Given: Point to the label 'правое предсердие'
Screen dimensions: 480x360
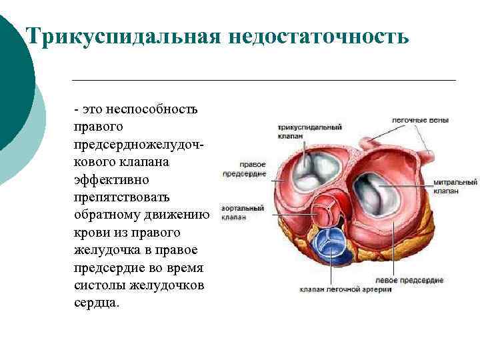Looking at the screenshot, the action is (x=244, y=169).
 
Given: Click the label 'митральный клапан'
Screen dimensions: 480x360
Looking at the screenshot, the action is (x=455, y=186).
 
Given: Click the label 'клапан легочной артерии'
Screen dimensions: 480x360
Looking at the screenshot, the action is (x=345, y=289).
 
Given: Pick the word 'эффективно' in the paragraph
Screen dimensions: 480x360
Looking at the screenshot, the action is (x=113, y=180).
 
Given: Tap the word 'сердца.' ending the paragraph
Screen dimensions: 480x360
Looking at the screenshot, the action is (x=98, y=303).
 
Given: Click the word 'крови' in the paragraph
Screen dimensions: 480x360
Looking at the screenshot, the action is (x=92, y=233).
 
